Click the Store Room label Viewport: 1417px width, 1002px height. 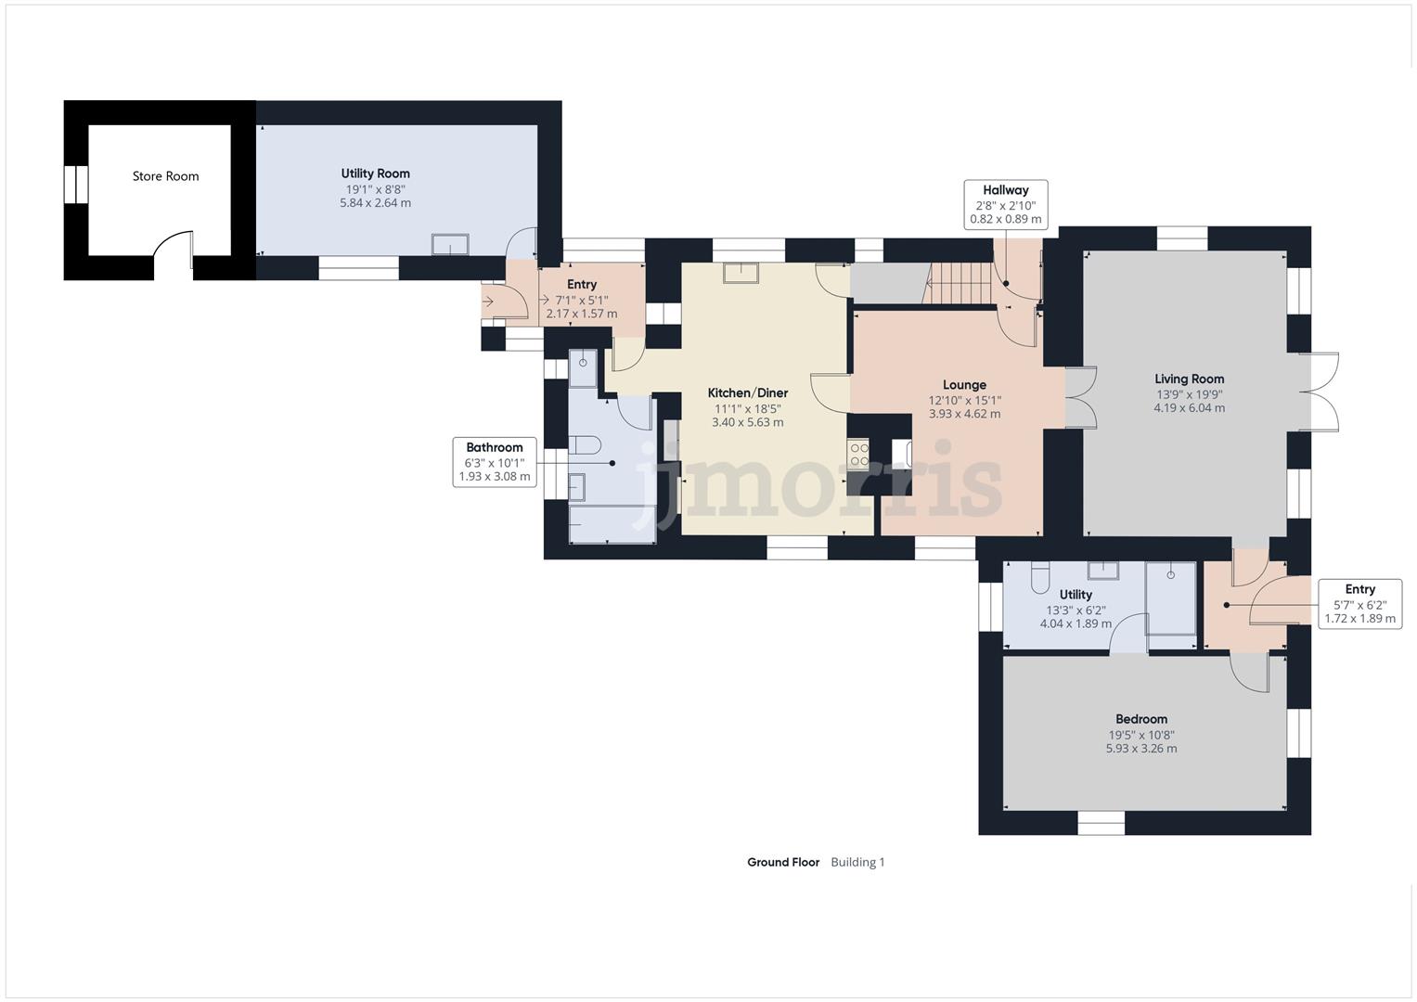pyautogui.click(x=165, y=176)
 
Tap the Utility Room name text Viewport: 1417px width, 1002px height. pyautogui.click(x=375, y=173)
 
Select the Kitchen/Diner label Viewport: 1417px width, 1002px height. pyautogui.click(x=747, y=393)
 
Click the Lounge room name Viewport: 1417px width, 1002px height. pyautogui.click(x=964, y=385)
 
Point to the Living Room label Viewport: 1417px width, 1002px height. pyautogui.click(x=1189, y=379)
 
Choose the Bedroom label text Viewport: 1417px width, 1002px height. pyautogui.click(x=1140, y=719)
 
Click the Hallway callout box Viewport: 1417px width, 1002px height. pyautogui.click(x=1006, y=204)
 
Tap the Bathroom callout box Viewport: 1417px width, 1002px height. pyautogui.click(x=495, y=462)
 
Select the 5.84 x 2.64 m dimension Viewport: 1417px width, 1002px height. pyautogui.click(x=375, y=202)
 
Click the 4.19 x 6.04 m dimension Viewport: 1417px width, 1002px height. pyautogui.click(x=1189, y=407)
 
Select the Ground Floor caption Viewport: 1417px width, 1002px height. pyautogui.click(x=783, y=862)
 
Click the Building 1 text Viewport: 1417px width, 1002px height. pyautogui.click(x=857, y=862)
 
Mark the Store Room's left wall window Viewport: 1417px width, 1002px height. pyautogui.click(x=76, y=183)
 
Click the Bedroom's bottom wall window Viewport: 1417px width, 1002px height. pyautogui.click(x=1101, y=822)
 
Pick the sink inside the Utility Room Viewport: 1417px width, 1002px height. pyautogui.click(x=451, y=244)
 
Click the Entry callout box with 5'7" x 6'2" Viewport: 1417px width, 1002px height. pyautogui.click(x=1359, y=603)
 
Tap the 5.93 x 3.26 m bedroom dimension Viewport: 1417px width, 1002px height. pyautogui.click(x=1140, y=749)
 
